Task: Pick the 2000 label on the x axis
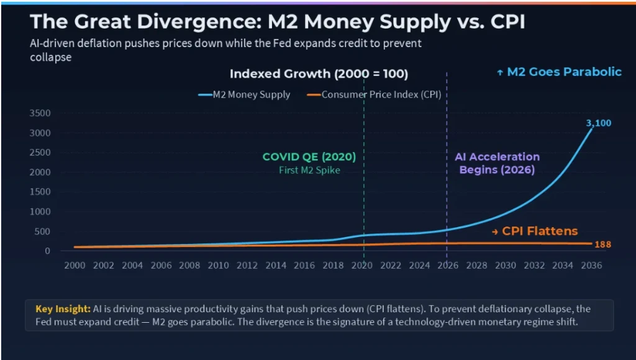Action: coord(75,265)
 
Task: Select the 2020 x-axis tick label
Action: coord(362,265)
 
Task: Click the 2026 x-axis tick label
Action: coord(448,265)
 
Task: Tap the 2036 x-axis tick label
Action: coord(591,265)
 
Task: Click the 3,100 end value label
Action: coord(599,123)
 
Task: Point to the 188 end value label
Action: coord(602,245)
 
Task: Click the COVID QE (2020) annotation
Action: coord(309,157)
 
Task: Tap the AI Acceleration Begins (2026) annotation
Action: coord(497,163)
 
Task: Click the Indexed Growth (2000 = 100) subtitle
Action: coord(319,74)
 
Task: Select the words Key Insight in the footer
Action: coord(63,308)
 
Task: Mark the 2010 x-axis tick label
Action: coord(218,265)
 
